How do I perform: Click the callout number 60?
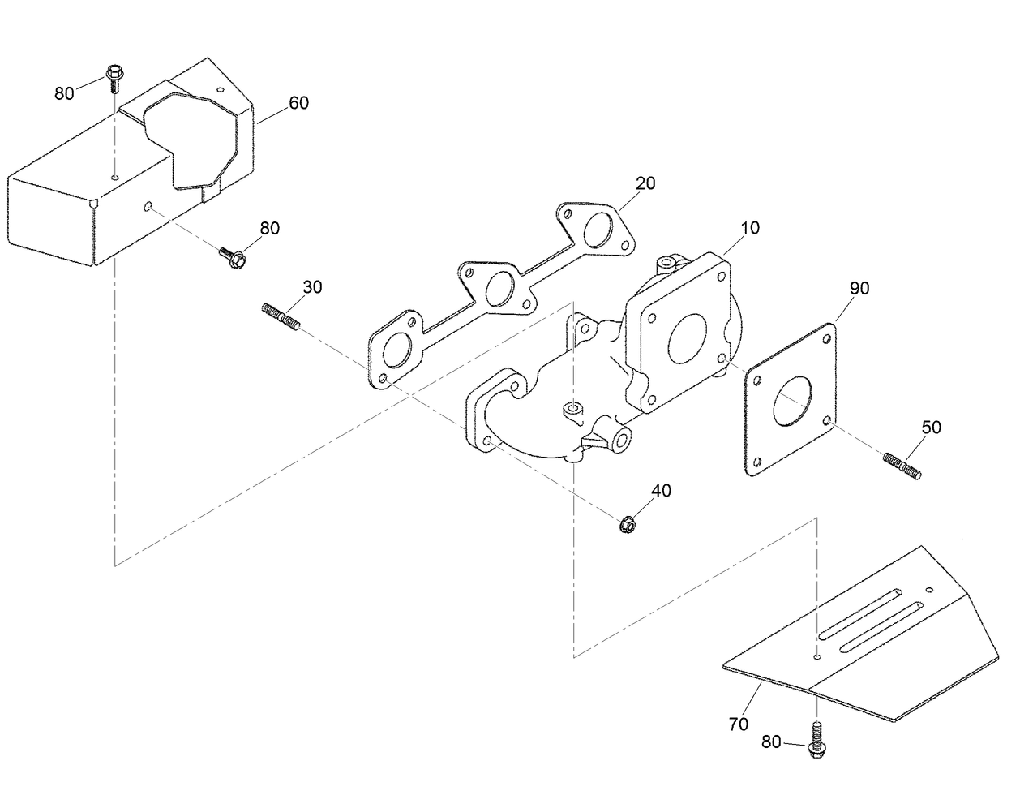298,103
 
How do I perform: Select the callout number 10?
750,228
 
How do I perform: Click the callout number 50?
932,427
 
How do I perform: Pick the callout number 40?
661,490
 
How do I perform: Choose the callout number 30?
312,286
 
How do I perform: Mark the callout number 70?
738,724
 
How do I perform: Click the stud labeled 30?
282,316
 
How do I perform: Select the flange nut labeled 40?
627,525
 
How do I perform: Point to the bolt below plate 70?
816,737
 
